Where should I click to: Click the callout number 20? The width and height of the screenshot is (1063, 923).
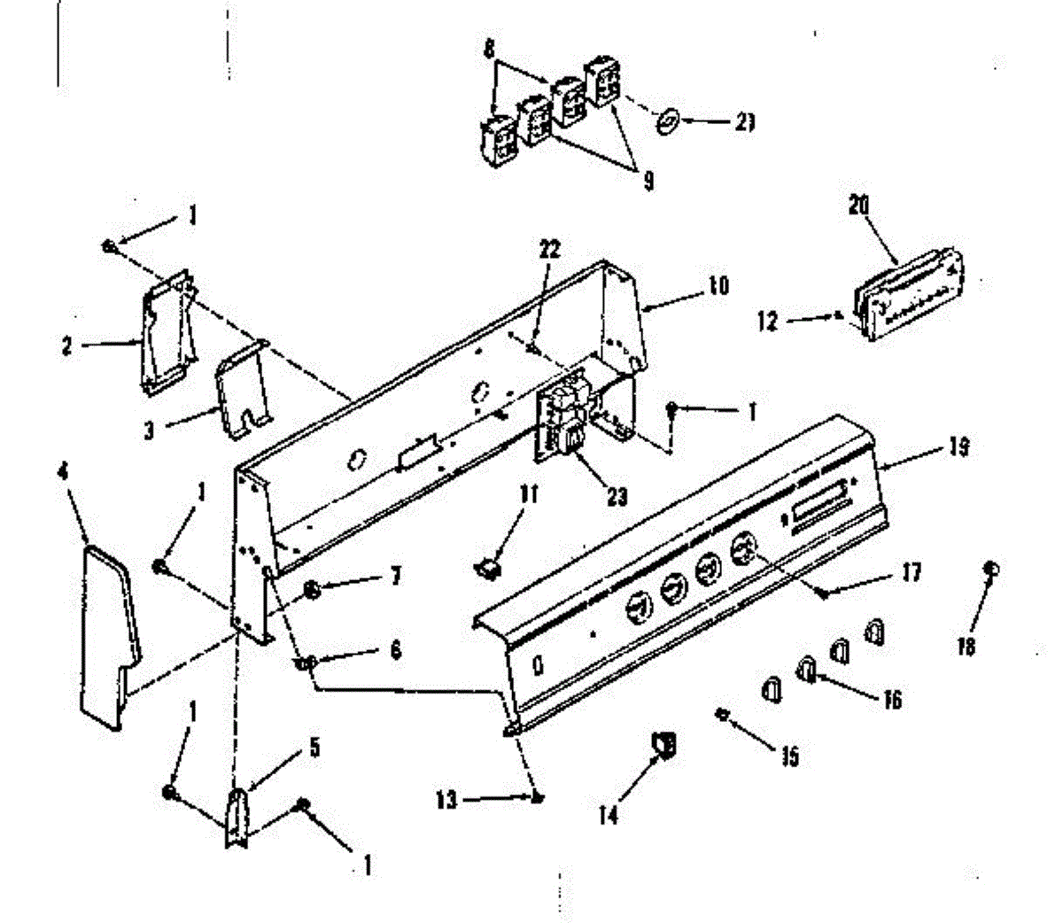[858, 206]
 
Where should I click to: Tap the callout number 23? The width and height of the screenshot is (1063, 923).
[617, 497]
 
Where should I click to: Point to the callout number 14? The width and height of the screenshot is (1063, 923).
[608, 815]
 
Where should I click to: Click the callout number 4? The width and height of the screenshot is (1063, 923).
[63, 471]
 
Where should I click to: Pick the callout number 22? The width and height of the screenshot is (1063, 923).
[550, 250]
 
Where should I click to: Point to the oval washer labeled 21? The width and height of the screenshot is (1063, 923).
[670, 120]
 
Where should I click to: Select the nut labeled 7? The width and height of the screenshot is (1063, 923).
[313, 591]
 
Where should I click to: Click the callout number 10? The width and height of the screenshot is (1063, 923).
[718, 286]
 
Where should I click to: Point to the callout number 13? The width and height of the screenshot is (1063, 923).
[447, 801]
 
